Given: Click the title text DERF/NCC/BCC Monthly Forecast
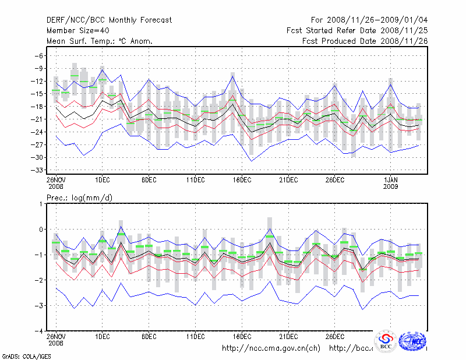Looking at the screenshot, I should pyautogui.click(x=109, y=20).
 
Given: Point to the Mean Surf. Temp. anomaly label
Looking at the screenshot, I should pyautogui.click(x=100, y=41).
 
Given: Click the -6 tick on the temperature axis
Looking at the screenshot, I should pyautogui.click(x=40, y=55).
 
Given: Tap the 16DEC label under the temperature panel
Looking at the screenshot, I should pyautogui.click(x=242, y=180).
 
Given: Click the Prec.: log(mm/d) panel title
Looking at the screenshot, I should pyautogui.click(x=79, y=198).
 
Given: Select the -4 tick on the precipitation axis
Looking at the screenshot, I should pyautogui.click(x=40, y=331).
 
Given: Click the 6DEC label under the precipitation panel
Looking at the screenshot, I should pyautogui.click(x=149, y=336).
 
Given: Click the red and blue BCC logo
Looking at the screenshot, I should pyautogui.click(x=386, y=341).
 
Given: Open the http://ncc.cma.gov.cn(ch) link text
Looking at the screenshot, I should pyautogui.click(x=271, y=348).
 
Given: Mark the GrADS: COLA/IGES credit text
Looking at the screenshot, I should pyautogui.click(x=26, y=355).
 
